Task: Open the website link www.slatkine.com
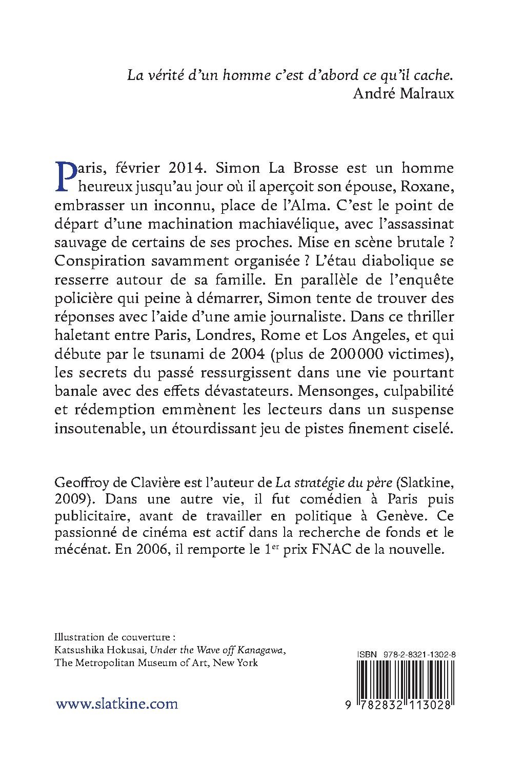pos(116,704)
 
